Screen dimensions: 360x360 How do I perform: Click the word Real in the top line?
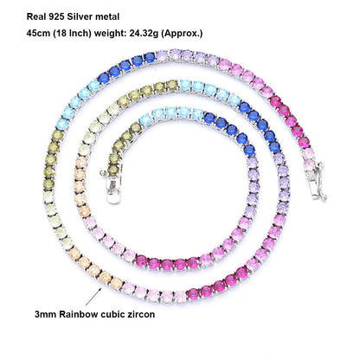35,16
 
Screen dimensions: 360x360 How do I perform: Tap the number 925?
55,16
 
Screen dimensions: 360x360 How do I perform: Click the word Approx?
181,34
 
